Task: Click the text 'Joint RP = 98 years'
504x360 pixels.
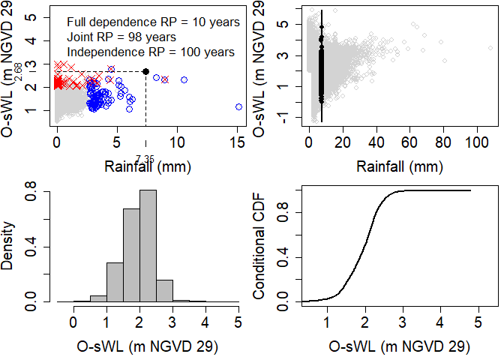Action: click(x=121, y=37)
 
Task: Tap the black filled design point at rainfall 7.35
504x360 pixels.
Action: click(x=145, y=71)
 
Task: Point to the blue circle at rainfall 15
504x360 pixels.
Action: click(x=238, y=107)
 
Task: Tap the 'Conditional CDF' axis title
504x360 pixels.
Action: click(x=259, y=241)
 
